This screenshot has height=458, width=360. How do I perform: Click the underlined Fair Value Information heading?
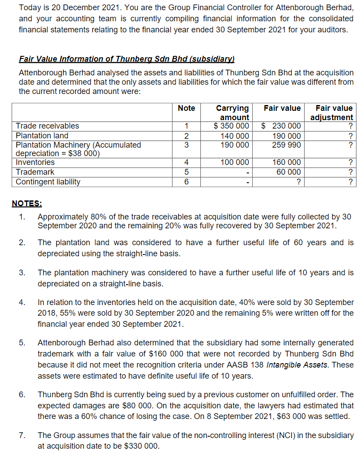pos(126,59)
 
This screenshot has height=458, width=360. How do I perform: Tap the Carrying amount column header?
pos(232,112)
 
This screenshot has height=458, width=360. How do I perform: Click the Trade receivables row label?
pos(47,126)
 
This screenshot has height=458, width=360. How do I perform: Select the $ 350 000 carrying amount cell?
pos(231,126)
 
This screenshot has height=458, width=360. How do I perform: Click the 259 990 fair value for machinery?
pos(286,145)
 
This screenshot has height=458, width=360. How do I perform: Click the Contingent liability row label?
pos(48,182)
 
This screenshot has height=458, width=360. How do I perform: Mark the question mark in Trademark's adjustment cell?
pos(350,172)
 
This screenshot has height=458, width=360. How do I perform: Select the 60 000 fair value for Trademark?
pos(288,172)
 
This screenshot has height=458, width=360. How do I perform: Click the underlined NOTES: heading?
pos(27,204)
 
